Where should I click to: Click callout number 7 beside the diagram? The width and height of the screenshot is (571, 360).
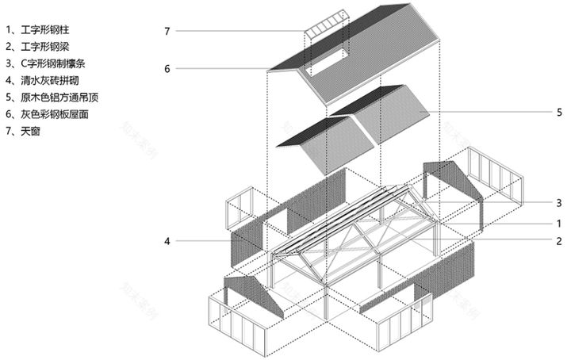(167, 31)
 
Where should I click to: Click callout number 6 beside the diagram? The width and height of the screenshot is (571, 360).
(167, 69)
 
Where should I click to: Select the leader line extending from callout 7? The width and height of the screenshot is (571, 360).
(238, 31)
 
